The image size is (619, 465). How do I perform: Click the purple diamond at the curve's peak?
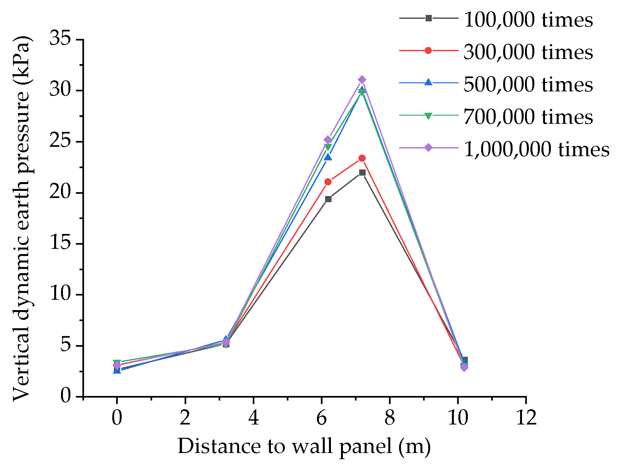pyautogui.click(x=362, y=80)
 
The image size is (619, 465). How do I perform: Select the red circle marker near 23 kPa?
pyautogui.click(x=362, y=158)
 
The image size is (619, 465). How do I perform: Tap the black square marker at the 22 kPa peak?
pyautogui.click(x=362, y=172)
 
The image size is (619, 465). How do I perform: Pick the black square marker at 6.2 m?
pyautogui.click(x=328, y=199)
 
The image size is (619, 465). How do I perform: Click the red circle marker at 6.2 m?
pyautogui.click(x=328, y=182)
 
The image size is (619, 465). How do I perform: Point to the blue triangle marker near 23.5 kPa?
pyautogui.click(x=328, y=157)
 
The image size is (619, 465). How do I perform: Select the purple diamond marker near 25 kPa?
pyautogui.click(x=328, y=140)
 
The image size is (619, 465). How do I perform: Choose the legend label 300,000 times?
pyautogui.click(x=528, y=52)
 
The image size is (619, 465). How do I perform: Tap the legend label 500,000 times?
pyautogui.click(x=528, y=85)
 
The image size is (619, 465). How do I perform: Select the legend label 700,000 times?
pyautogui.click(x=528, y=117)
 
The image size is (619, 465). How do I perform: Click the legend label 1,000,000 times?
pyautogui.click(x=536, y=149)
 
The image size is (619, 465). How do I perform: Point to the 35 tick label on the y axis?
pyautogui.click(x=60, y=39)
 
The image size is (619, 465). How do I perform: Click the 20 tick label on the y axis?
pyautogui.click(x=60, y=192)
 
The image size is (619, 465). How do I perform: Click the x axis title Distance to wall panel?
pyautogui.click(x=304, y=447)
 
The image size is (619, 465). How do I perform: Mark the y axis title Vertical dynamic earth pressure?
pyautogui.click(x=22, y=218)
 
